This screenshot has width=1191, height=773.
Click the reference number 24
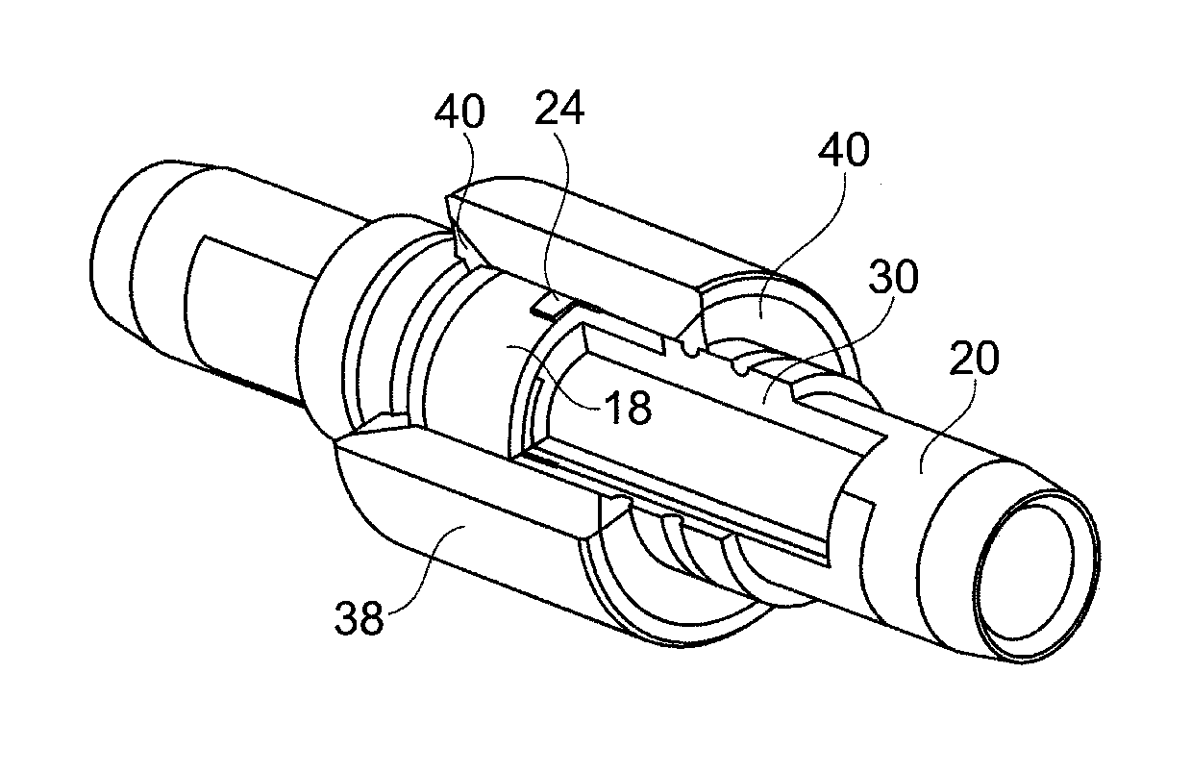[558, 112]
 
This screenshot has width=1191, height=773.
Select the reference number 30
[892, 278]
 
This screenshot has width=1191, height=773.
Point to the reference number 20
[973, 361]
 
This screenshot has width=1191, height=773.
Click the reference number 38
[360, 619]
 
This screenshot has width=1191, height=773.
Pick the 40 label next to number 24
[459, 112]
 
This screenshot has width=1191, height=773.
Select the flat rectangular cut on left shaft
[245, 312]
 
